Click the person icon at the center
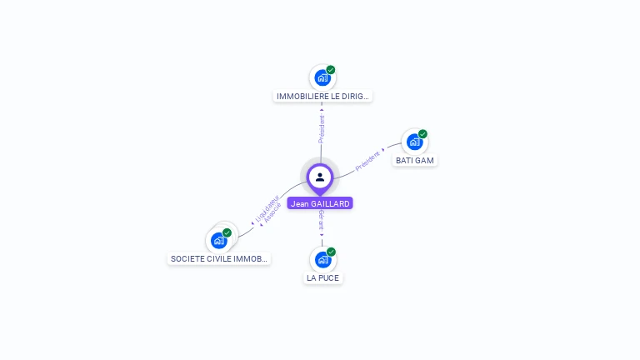[x=320, y=177]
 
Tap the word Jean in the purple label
[x=298, y=203]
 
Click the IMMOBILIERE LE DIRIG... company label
[x=322, y=96]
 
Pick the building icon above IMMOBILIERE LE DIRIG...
[x=322, y=78]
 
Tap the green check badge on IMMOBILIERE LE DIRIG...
[x=331, y=70]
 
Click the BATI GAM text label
[x=414, y=160]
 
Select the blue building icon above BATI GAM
[x=414, y=142]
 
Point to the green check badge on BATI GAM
[x=422, y=134]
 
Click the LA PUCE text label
[x=322, y=277]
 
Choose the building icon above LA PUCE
[x=322, y=260]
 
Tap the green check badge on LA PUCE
[x=331, y=252]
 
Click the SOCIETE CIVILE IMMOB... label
[x=219, y=258]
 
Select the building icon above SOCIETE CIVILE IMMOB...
[x=218, y=241]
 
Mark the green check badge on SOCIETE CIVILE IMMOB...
[x=227, y=232]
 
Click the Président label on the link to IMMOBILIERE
[x=322, y=127]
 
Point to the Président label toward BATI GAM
[x=367, y=161]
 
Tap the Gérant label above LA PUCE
[x=322, y=220]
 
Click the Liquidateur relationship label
[x=266, y=207]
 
